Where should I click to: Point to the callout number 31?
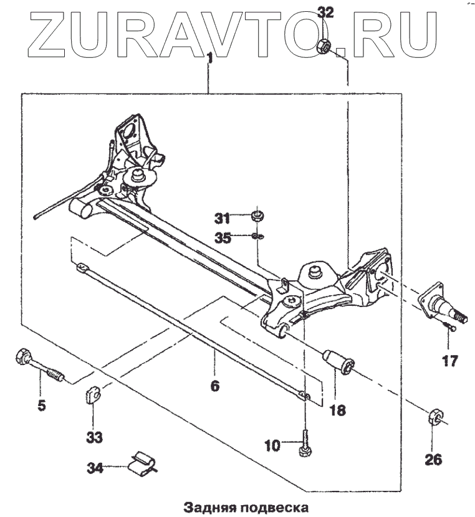223,218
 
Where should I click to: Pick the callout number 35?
223,237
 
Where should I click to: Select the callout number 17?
449,360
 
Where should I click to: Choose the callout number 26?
434,460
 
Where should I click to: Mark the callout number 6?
214,386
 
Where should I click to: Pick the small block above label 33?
93,395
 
